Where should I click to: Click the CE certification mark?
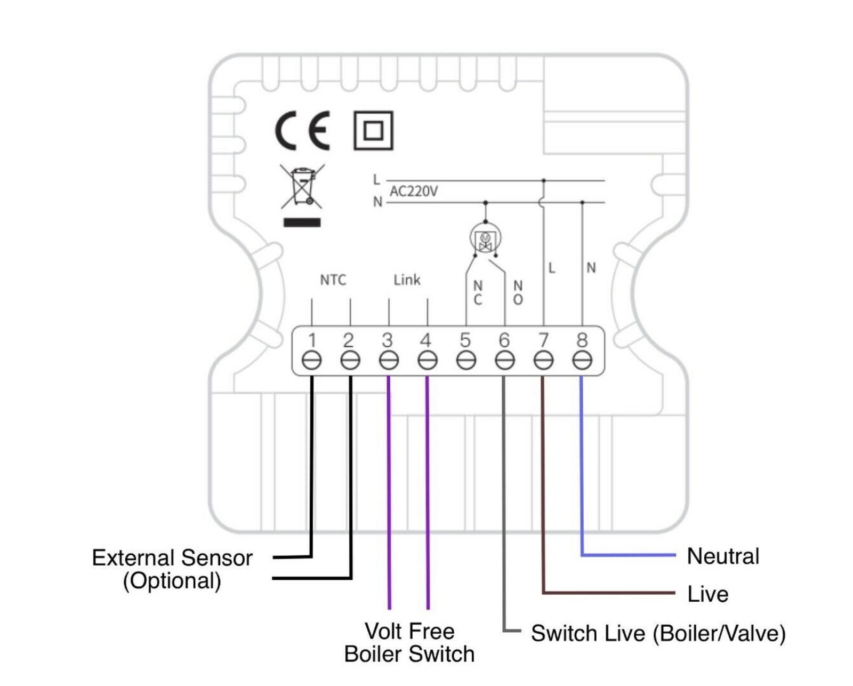302,131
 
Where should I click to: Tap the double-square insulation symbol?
373,131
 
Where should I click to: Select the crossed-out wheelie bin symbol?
302,187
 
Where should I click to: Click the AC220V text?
414,192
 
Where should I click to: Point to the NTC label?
333,280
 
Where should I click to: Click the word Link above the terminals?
407,280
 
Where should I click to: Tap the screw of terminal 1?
311,361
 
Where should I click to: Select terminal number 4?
425,340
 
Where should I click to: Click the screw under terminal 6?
504,361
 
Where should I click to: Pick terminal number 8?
582,340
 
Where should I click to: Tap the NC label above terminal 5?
478,294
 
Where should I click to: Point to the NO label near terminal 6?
518,294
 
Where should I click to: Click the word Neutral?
723,556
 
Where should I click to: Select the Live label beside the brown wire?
707,594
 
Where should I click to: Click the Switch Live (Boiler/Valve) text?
658,634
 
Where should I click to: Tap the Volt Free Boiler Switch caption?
409,643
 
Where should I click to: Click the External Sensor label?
172,558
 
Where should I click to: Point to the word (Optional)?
172,581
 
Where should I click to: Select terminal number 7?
543,340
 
